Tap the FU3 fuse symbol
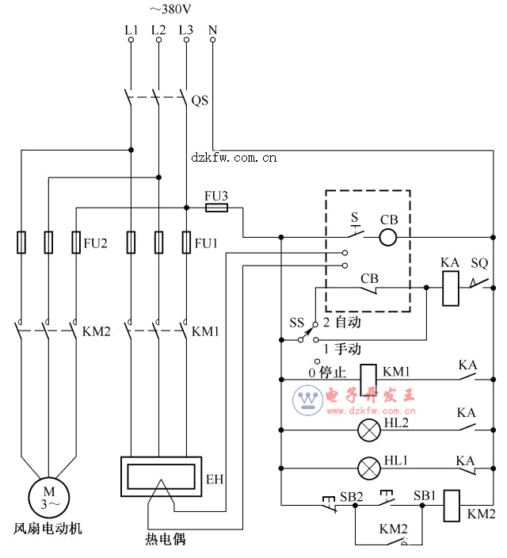(x=216, y=208)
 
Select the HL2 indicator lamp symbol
(x=369, y=430)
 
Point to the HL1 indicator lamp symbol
(x=369, y=468)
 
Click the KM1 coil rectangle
(x=368, y=380)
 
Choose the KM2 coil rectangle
(x=452, y=506)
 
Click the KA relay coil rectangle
(x=451, y=289)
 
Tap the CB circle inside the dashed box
(x=388, y=237)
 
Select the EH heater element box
(x=161, y=476)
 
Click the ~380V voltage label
(x=170, y=9)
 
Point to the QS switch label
(x=200, y=101)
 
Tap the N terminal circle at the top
(x=213, y=40)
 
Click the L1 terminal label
(x=131, y=30)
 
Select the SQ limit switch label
(x=479, y=263)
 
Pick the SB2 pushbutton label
(x=351, y=496)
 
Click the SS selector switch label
(x=296, y=323)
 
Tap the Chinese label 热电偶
(x=165, y=540)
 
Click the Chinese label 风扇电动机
(x=48, y=528)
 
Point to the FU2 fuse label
(x=95, y=243)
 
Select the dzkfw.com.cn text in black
(x=234, y=158)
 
